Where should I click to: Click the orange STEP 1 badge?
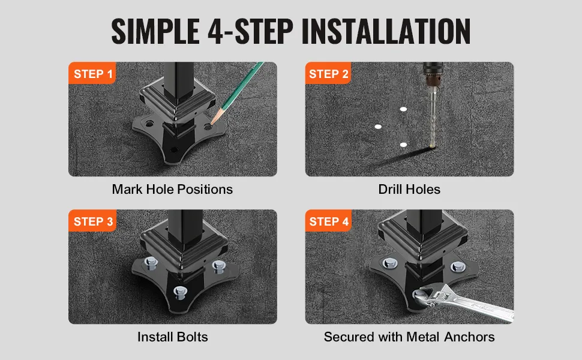coord(92,73)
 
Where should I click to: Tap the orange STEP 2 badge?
coord(328,73)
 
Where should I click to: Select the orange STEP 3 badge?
coord(92,221)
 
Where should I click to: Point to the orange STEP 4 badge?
coord(328,221)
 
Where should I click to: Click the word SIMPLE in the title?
coord(155,31)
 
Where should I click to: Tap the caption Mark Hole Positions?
coord(172,189)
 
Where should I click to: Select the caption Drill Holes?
coord(409,189)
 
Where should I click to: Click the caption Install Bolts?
coord(173,337)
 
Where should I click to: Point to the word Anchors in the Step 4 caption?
coord(469,337)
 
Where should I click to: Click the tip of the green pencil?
coord(212,123)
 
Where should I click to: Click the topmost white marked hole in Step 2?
coord(403,109)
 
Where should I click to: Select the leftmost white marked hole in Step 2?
coord(378,127)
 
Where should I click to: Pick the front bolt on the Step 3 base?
coord(180,292)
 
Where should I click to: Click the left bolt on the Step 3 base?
coord(151,263)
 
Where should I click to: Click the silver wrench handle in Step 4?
coord(479,305)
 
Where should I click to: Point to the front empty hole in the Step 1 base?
coord(173,150)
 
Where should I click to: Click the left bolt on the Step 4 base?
coord(389,264)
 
